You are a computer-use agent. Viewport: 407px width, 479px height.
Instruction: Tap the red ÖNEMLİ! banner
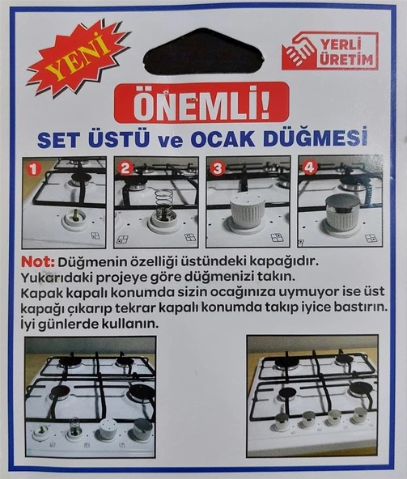pyautogui.click(x=201, y=103)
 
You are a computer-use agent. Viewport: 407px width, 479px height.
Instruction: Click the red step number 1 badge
pyautogui.click(x=32, y=168)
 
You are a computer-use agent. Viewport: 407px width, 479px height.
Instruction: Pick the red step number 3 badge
pyautogui.click(x=216, y=168)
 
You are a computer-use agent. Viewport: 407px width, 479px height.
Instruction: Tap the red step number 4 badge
pyautogui.click(x=308, y=168)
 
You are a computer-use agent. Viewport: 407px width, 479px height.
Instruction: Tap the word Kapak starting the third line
pyautogui.click(x=44, y=294)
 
